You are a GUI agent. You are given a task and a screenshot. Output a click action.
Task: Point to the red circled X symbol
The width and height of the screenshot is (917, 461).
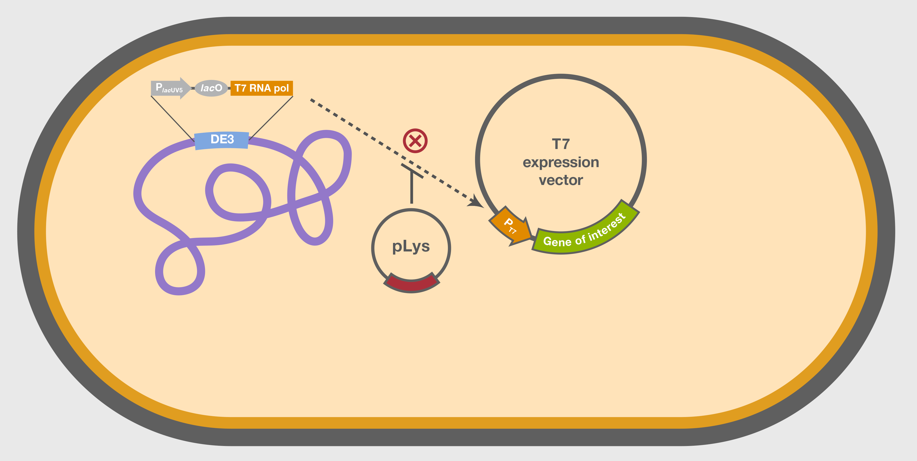[x=415, y=141]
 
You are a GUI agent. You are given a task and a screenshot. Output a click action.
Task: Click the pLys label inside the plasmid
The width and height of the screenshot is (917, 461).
[x=411, y=246]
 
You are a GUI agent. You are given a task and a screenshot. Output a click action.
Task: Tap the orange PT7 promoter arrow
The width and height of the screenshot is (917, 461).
[x=511, y=226]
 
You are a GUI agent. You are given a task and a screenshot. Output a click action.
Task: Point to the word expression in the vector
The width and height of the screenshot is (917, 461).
[x=561, y=162]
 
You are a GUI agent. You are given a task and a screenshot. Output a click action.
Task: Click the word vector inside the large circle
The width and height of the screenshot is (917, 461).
[x=561, y=180]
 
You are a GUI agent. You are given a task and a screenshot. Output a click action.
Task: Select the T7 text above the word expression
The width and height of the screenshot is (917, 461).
[x=561, y=144]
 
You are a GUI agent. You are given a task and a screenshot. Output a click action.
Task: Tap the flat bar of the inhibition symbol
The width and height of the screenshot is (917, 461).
[x=412, y=171]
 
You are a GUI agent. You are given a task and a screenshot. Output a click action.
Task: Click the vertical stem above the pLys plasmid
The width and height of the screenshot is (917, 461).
[x=412, y=189]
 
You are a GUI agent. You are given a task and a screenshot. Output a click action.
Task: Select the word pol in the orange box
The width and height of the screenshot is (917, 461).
[x=281, y=88]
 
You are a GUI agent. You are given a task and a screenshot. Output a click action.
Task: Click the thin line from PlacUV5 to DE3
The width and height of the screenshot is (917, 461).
[x=173, y=118]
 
